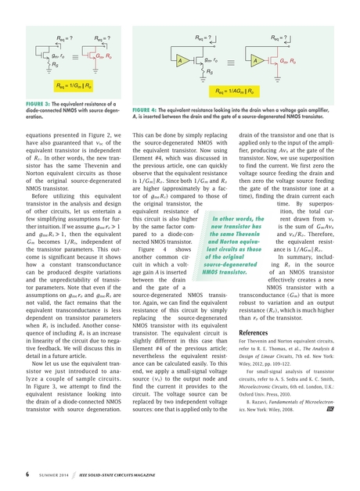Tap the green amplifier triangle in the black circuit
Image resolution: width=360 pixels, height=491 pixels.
point(182,60)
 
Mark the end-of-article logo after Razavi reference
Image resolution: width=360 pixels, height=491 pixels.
point(329,429)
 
